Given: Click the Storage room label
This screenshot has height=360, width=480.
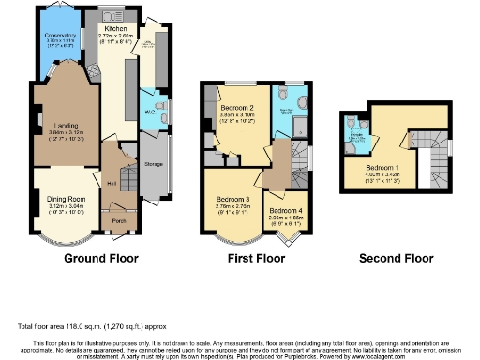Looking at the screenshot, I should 155,164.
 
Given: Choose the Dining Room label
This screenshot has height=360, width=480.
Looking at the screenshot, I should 65,199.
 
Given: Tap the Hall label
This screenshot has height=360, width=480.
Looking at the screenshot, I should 112,183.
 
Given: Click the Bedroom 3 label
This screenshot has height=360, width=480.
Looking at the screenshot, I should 232,201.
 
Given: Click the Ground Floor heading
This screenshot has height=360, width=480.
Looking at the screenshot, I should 100,257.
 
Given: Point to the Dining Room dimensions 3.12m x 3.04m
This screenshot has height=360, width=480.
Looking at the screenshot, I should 65,206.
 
